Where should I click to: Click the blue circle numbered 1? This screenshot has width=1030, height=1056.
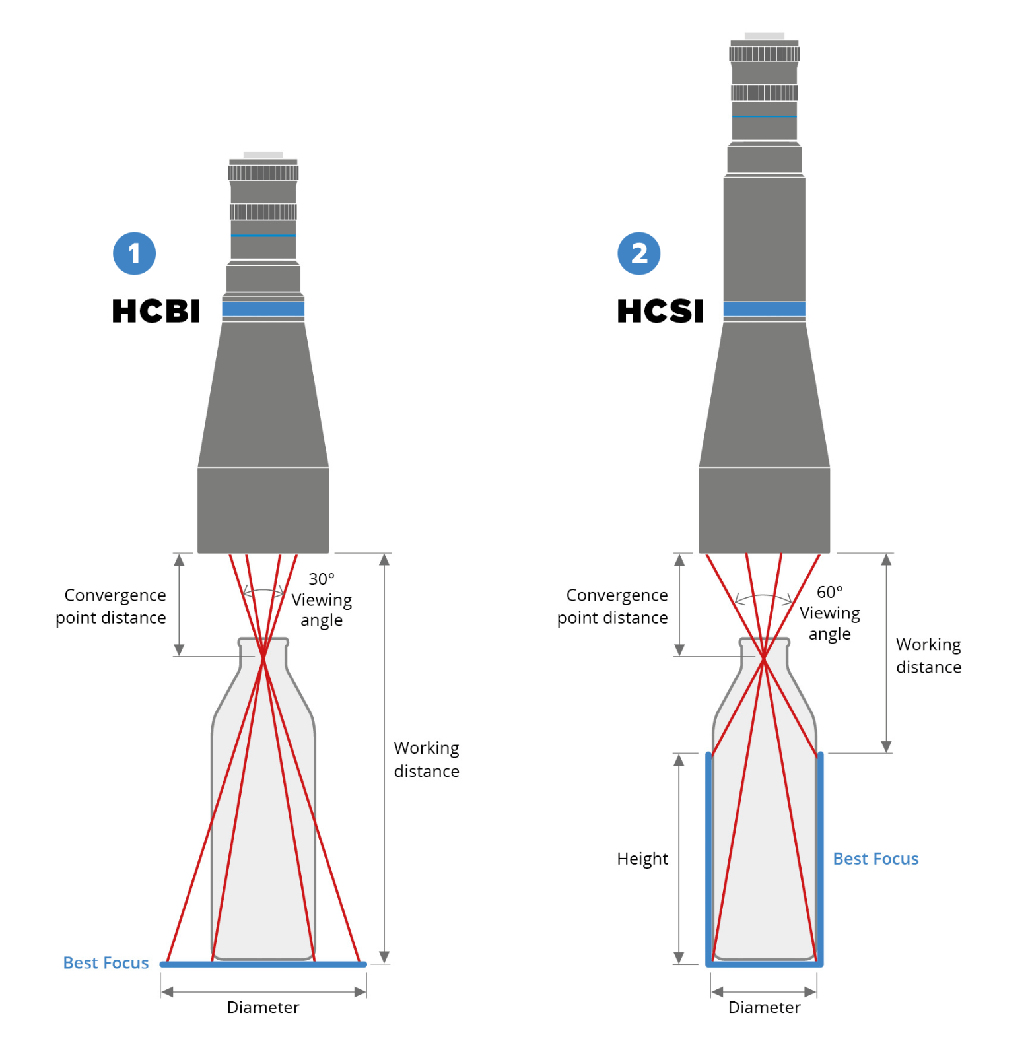point(134,253)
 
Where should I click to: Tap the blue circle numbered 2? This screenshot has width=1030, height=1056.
point(638,253)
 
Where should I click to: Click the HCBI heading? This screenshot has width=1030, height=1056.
point(156,311)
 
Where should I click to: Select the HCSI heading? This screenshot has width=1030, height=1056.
point(660,311)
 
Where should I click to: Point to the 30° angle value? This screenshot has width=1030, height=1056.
point(322,579)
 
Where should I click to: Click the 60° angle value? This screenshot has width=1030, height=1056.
point(830,592)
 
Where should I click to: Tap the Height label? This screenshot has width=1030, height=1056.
point(642,859)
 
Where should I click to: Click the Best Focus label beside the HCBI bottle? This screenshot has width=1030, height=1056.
point(106,963)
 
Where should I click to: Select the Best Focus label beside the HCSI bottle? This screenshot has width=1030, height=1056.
point(875,859)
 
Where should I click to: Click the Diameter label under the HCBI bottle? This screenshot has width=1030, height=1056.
point(263,1007)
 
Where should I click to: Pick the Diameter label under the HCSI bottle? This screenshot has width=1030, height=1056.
point(764,1007)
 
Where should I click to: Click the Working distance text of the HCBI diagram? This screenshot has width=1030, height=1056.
point(427,759)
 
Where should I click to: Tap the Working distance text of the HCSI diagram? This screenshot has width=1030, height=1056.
point(928,655)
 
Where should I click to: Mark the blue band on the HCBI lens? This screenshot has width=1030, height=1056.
point(263,309)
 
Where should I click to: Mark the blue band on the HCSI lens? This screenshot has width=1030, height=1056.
point(764,309)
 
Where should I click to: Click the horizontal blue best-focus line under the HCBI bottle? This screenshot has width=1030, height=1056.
point(263,964)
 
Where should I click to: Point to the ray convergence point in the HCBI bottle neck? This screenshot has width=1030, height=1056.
point(263,657)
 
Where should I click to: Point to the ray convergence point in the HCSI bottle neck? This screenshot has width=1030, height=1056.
point(764,657)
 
